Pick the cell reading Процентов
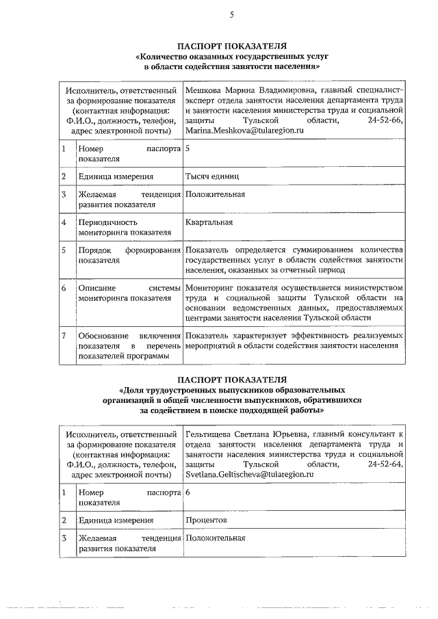[x=206, y=521]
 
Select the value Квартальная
[x=209, y=222]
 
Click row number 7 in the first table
[x=64, y=335]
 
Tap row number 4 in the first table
[x=64, y=222]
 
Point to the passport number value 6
[x=188, y=492]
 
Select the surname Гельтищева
[x=209, y=434]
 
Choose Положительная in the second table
[x=215, y=538]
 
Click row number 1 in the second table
[x=64, y=492]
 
